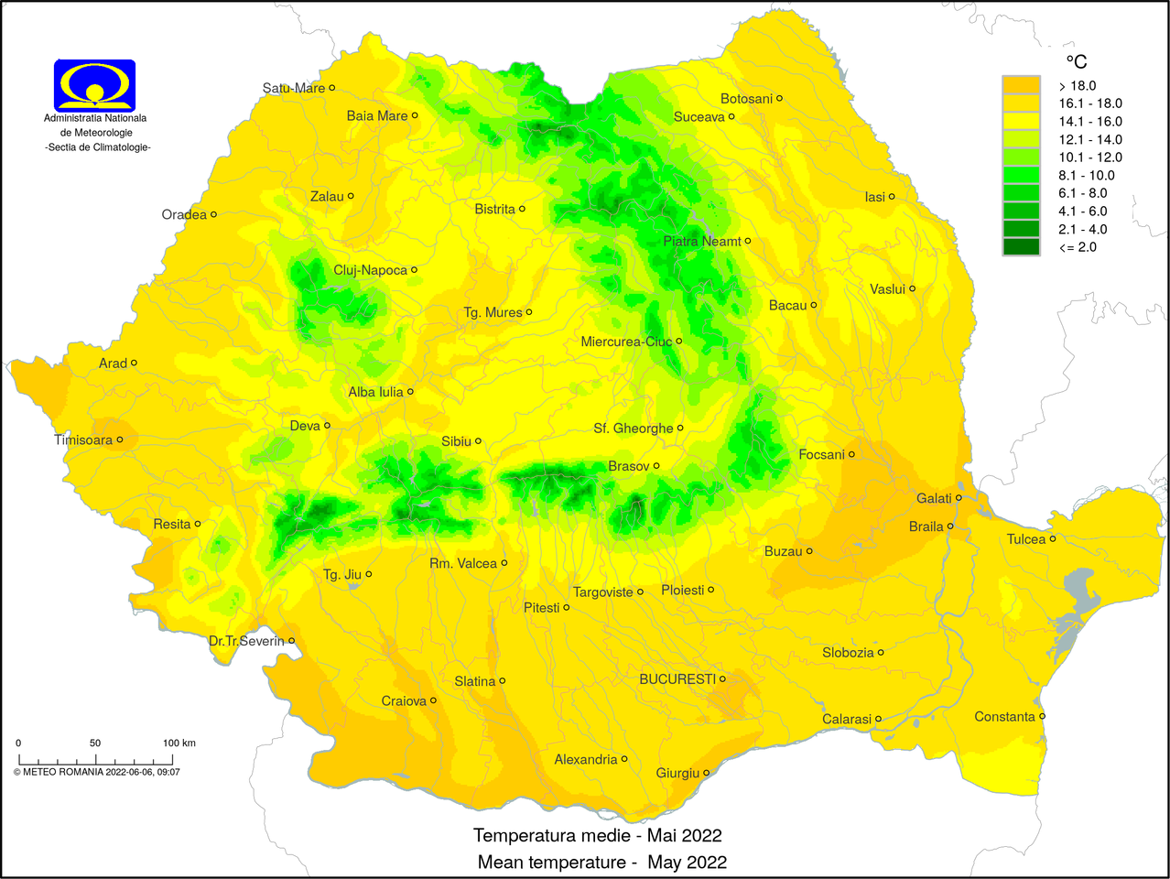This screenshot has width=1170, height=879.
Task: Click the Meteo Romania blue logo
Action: pyautogui.click(x=94, y=85)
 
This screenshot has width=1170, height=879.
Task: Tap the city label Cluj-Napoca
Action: pyautogui.click(x=370, y=270)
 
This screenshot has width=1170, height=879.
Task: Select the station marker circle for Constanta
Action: pyautogui.click(x=1043, y=716)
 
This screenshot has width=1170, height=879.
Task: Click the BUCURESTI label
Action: pyautogui.click(x=677, y=678)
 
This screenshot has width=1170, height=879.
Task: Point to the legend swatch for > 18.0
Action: pyautogui.click(x=1021, y=85)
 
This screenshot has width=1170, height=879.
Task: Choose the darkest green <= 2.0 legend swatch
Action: pyautogui.click(x=1021, y=246)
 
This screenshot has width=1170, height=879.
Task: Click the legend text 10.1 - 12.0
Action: pyautogui.click(x=1089, y=157)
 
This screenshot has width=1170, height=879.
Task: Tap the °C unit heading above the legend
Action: pyautogui.click(x=1077, y=61)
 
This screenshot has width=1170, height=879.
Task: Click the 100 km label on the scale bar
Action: pyautogui.click(x=179, y=743)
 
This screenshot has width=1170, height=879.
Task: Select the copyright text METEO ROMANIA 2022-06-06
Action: pyautogui.click(x=96, y=772)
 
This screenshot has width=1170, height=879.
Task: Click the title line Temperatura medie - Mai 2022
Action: pyautogui.click(x=597, y=835)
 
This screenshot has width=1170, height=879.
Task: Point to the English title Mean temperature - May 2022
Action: pyautogui.click(x=601, y=862)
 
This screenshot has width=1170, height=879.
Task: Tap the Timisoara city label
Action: pyautogui.click(x=83, y=439)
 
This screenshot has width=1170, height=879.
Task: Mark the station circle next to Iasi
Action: pyautogui.click(x=892, y=196)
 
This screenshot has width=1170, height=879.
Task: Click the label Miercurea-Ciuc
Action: pyautogui.click(x=626, y=342)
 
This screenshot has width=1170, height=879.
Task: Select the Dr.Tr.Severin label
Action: pyautogui.click(x=246, y=641)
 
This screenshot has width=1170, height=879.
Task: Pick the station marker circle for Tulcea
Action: pyautogui.click(x=1053, y=538)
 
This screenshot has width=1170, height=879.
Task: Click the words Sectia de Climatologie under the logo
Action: pyautogui.click(x=98, y=147)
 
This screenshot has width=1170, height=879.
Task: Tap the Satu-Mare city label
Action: pyautogui.click(x=293, y=88)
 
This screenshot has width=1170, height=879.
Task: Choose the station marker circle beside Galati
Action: pyautogui.click(x=959, y=498)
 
